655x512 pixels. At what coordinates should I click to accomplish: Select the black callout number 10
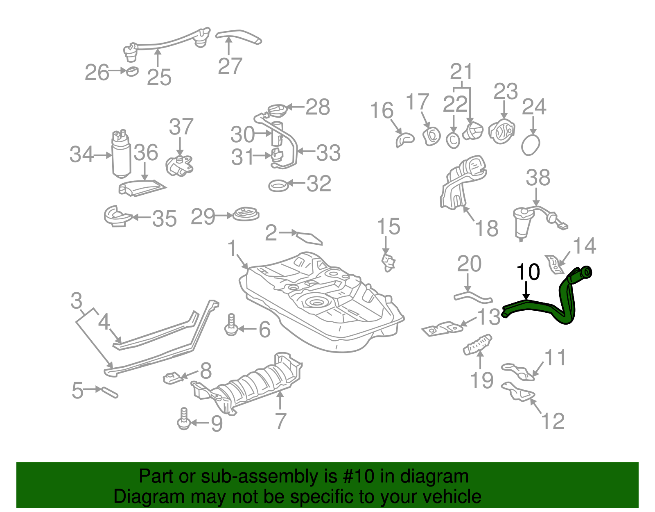click(x=528, y=273)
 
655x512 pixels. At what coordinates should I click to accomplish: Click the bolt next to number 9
click(x=184, y=419)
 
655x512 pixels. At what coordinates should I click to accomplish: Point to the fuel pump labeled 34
click(x=121, y=156)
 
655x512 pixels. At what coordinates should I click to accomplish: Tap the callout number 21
click(x=461, y=72)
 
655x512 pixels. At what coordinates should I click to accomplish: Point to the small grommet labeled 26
click(x=131, y=71)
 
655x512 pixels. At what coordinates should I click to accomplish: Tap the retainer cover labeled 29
click(x=246, y=214)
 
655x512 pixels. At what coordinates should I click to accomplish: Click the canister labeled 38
click(x=522, y=223)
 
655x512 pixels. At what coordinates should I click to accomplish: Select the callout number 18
click(x=487, y=229)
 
